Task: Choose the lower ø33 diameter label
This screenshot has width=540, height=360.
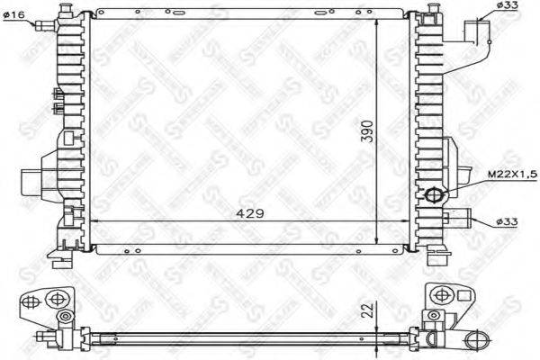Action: (507, 221)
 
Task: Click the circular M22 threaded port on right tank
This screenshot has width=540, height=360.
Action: (434, 193)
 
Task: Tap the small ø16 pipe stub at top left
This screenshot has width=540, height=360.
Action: (40, 24)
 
